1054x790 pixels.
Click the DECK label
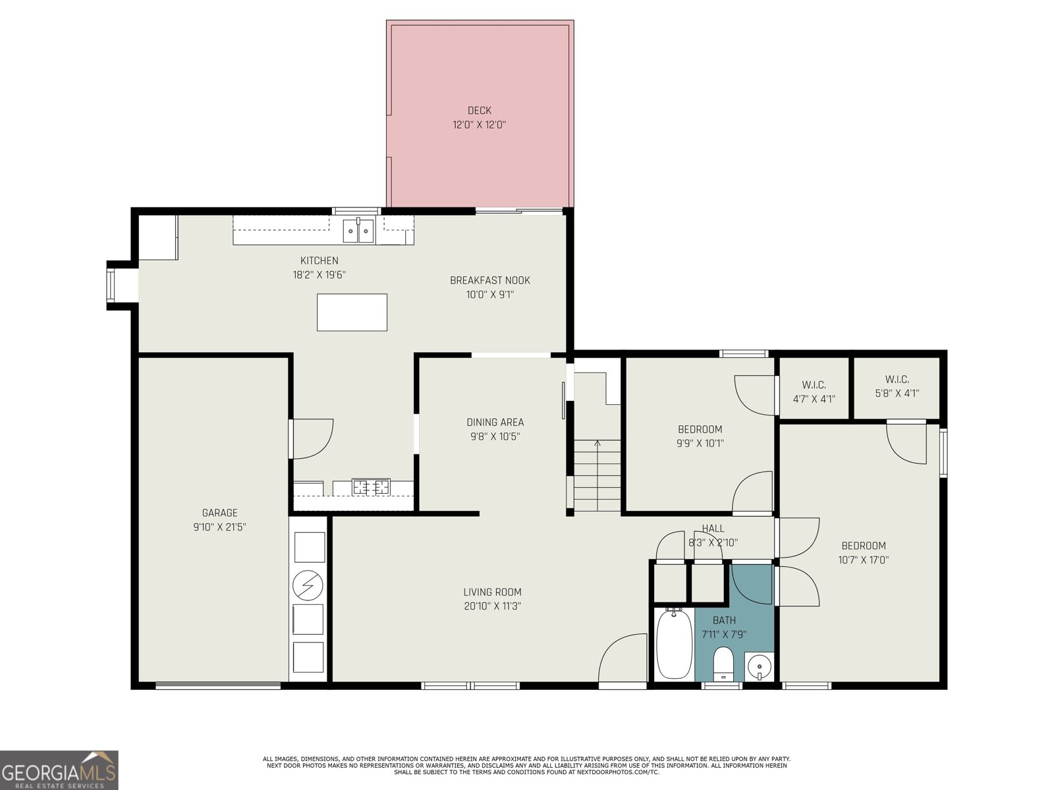coord(480,111)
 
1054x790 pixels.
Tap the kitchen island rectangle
coord(352,312)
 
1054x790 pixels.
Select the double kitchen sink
coord(358,231)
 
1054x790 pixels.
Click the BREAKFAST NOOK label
coord(489,280)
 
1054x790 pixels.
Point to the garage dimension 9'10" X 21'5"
coord(219,527)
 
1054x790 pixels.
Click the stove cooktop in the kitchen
coord(371,487)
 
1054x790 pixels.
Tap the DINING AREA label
coord(495,423)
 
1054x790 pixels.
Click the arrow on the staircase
coord(597,444)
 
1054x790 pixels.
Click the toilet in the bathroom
coord(723,663)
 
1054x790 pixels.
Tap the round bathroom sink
coord(760,666)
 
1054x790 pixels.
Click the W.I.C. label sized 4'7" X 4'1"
coord(814,399)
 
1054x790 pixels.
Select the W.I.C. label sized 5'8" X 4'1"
coord(897,394)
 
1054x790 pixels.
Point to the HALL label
coord(713,529)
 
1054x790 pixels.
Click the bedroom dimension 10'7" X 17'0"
coord(864,560)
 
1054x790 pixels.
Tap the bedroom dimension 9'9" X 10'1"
coord(700,444)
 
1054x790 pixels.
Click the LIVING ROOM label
coord(492,592)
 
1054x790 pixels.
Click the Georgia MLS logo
coord(59,770)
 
